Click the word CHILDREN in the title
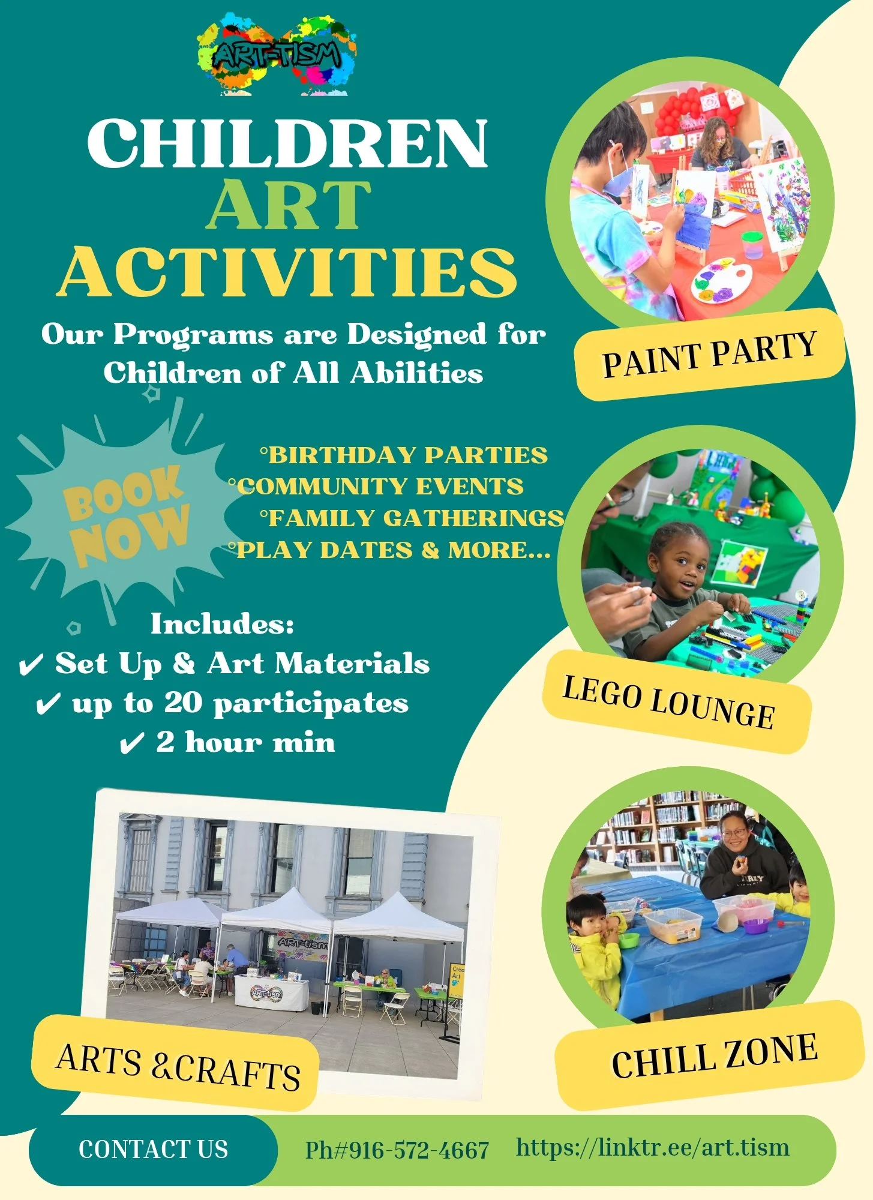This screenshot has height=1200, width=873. [x=287, y=144]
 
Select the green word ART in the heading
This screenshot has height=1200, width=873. [x=288, y=205]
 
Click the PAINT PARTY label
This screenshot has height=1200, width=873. [x=709, y=355]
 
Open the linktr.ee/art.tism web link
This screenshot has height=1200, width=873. [x=653, y=1148]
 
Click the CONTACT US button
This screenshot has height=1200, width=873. [x=153, y=1150]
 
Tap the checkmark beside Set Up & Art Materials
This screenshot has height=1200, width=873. [x=31, y=665]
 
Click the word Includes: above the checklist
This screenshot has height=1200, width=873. [x=222, y=624]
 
